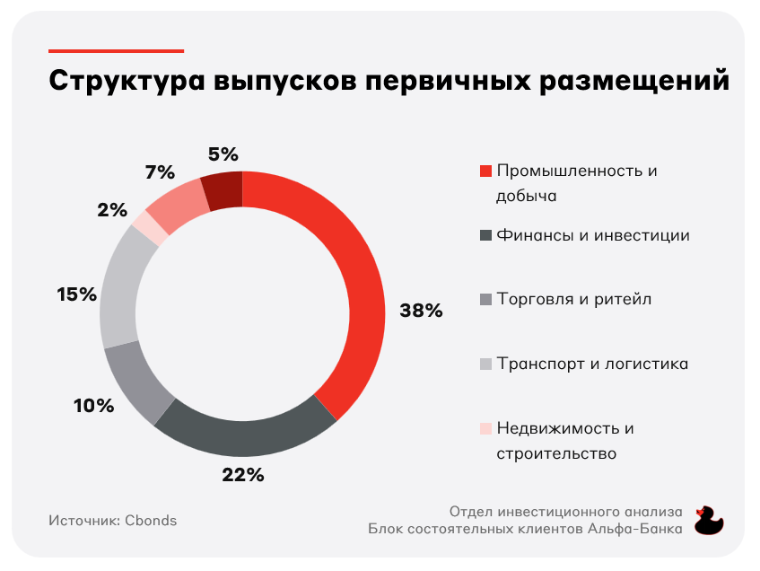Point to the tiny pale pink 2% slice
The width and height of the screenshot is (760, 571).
[x=150, y=227]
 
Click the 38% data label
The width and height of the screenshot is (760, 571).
[x=421, y=312]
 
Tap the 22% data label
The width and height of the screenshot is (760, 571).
[x=243, y=475]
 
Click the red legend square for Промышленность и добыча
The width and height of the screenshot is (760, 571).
[x=486, y=171]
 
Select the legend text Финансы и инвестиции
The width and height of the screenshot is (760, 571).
[x=593, y=236]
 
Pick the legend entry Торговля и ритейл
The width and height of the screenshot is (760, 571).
[x=573, y=300]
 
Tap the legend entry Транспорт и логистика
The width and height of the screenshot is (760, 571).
[x=592, y=364]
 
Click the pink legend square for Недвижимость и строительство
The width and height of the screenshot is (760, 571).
[x=486, y=428]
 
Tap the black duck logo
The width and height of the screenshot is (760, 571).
[x=710, y=519]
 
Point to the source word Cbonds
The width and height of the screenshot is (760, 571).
[x=151, y=521]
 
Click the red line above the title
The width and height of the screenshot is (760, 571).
[x=116, y=51]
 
